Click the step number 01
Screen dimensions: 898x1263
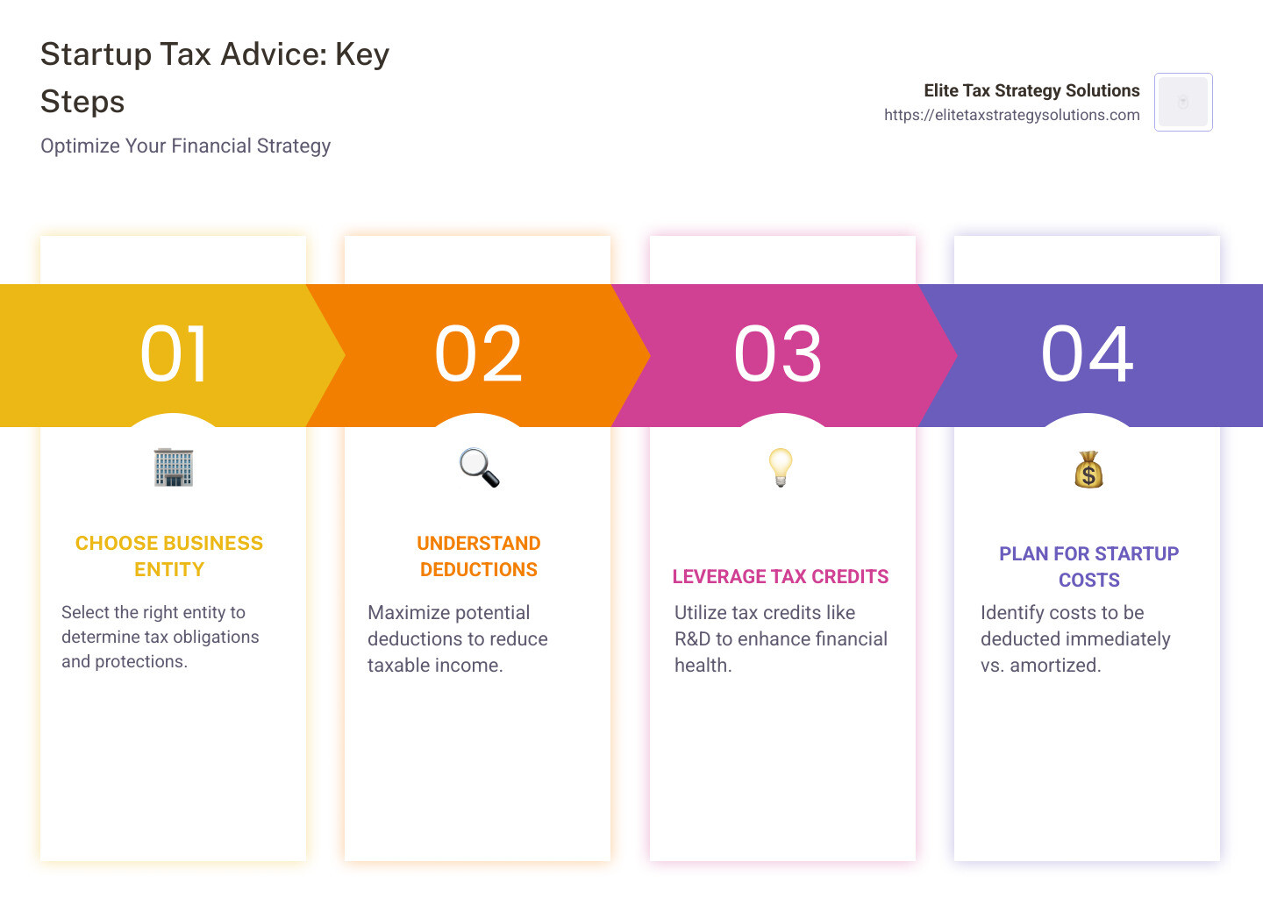pos(174,354)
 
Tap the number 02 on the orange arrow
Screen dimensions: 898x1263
pos(478,354)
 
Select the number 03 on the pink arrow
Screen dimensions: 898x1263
pos(778,354)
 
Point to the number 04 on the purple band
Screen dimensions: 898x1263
pos(1087,354)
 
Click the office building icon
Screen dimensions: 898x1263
pos(174,467)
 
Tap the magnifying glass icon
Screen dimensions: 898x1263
pos(479,467)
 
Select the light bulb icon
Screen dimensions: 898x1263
pos(780,467)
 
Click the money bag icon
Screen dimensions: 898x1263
pos(1088,470)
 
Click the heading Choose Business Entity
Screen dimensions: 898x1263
pos(169,556)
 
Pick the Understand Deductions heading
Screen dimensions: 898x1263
pos(479,556)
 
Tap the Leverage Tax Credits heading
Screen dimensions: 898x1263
pos(781,576)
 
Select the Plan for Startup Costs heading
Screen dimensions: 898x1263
pos(1088,567)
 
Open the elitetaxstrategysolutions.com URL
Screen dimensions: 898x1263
pos(1011,115)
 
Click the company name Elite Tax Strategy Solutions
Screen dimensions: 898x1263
pos(1031,90)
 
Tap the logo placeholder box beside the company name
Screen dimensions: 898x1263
pos(1183,102)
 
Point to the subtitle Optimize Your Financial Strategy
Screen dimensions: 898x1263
pos(186,146)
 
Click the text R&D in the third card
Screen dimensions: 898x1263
pos(692,638)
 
